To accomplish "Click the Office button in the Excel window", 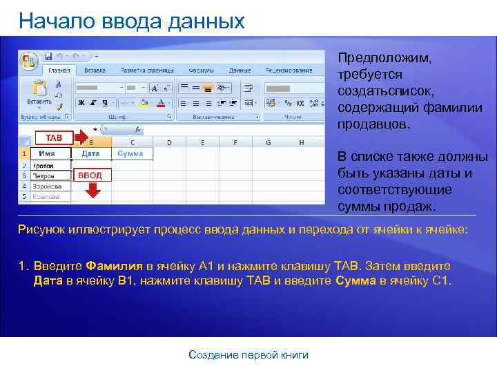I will pos(29,61).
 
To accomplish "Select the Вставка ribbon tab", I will pos(95,70).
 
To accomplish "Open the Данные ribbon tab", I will pos(240,70).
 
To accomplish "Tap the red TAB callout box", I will pos(54,137).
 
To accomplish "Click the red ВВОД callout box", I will pos(90,175).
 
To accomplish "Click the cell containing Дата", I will pos(90,153).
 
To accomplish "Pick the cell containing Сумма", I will pos(131,153).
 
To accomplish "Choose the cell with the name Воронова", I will pos(48,186).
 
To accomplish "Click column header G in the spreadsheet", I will pos(268,143).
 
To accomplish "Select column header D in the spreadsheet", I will pos(169,143).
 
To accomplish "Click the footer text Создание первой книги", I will pos(248,355).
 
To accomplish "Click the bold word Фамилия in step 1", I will pos(114,266).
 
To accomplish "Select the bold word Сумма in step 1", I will pos(355,280).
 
